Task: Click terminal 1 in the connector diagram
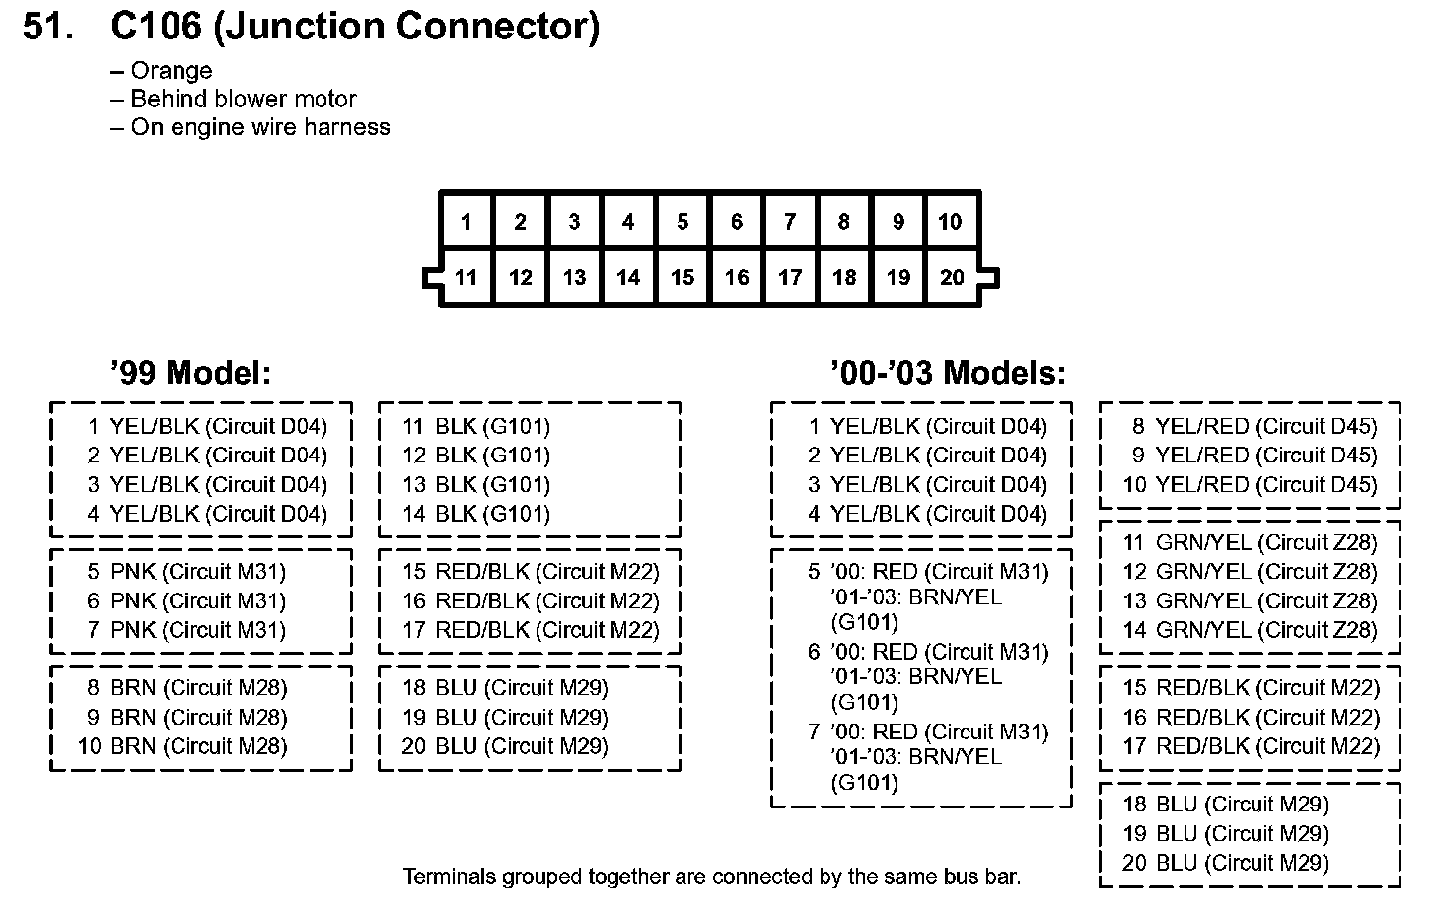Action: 467,222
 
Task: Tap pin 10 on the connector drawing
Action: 951,222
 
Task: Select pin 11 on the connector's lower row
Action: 467,278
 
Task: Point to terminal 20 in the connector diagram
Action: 952,278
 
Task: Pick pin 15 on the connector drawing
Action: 682,278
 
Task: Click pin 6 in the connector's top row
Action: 736,222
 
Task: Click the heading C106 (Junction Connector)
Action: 355,27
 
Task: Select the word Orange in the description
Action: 171,71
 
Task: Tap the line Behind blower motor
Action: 243,99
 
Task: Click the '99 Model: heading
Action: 190,373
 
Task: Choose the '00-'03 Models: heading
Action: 948,373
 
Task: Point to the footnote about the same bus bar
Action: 712,876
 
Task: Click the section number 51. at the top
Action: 48,27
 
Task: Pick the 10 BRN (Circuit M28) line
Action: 183,746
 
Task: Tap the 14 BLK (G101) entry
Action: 475,514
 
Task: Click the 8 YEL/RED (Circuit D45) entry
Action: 1254,427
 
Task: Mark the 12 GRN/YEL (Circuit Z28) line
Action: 1250,572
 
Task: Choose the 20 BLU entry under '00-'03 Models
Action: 1225,863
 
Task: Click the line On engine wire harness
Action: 259,127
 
